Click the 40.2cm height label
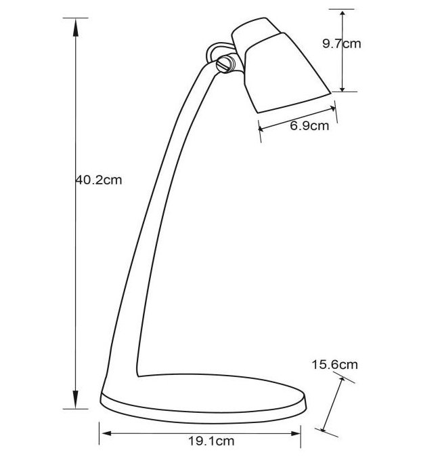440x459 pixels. point(99,180)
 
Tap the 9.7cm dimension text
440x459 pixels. point(341,43)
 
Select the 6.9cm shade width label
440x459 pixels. point(309,126)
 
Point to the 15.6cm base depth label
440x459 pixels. point(335,365)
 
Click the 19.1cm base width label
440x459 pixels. point(211,441)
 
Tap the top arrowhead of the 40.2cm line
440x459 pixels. point(76,27)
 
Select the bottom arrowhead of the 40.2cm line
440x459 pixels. point(76,399)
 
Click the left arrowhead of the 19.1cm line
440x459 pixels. point(106,433)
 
